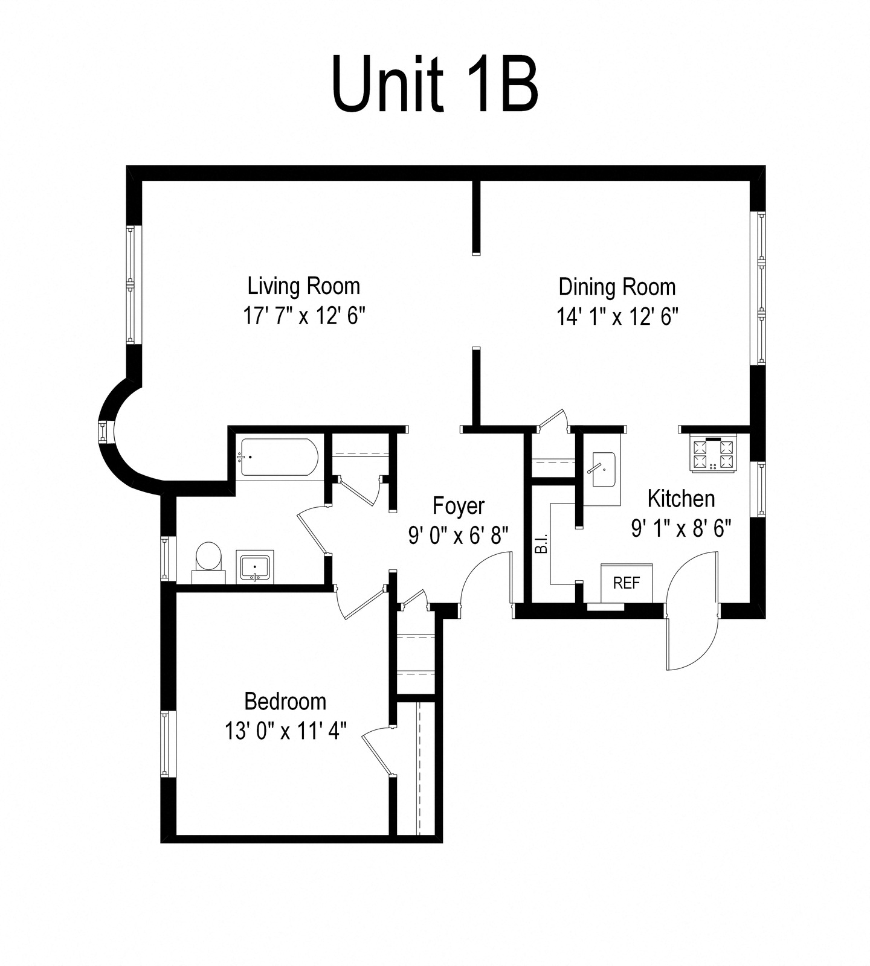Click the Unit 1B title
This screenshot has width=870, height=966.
tap(435, 84)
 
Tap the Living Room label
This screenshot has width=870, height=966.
tap(304, 286)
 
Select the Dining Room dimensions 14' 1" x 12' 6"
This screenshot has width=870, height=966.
tap(617, 316)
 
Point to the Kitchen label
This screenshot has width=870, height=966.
tap(681, 499)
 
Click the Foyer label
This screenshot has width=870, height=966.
tap(459, 506)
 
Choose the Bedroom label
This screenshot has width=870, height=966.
tap(285, 702)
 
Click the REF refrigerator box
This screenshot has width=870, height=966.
tap(627, 583)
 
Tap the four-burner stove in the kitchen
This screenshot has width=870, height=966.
tap(714, 454)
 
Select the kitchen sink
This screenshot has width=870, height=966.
tap(603, 470)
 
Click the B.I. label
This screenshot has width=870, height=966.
tap(541, 543)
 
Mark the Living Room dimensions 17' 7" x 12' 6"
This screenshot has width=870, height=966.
tap(304, 316)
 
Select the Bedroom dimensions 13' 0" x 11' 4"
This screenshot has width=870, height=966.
tap(286, 731)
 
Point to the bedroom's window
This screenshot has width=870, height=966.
tap(164, 744)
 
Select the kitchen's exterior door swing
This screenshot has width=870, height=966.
tap(692, 610)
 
